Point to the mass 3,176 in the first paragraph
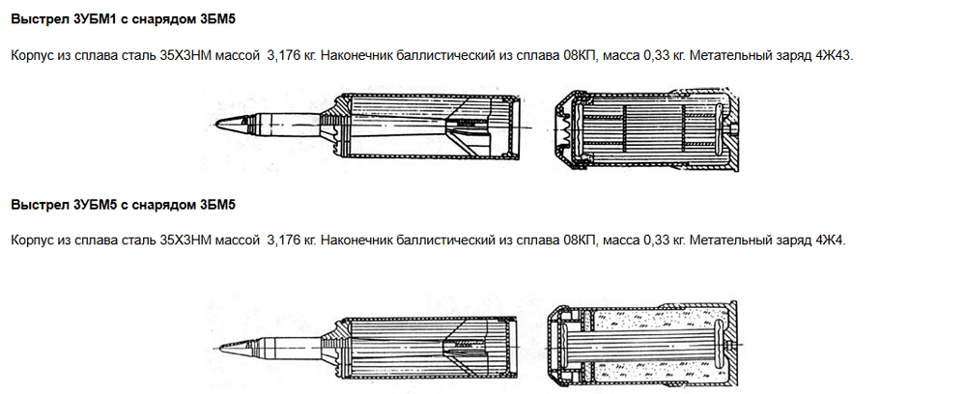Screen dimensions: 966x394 (281, 56)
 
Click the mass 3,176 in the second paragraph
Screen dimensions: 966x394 (281, 240)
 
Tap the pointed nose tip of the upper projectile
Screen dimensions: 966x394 (215, 125)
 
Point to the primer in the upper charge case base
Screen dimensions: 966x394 (733, 127)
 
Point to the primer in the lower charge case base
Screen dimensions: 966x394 (730, 344)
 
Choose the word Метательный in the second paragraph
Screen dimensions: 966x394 (724, 240)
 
